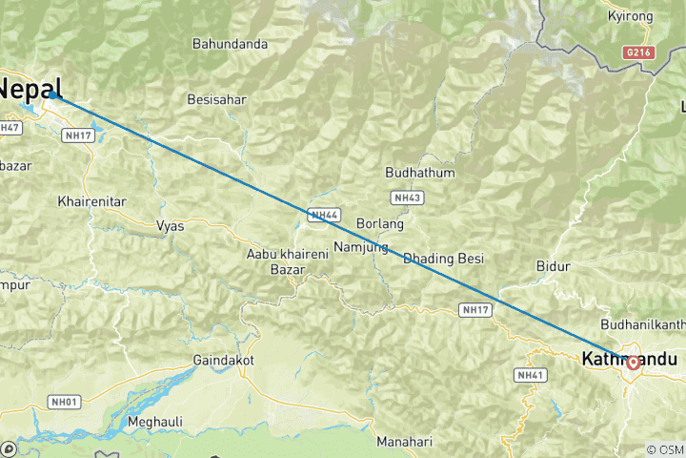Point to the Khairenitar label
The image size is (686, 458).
[92, 201]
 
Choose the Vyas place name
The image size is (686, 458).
[170, 226]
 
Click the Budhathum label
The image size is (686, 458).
[419, 173]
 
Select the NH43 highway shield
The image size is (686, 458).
[405, 198]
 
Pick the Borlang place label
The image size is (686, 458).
[379, 224]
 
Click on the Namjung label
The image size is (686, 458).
[361, 247]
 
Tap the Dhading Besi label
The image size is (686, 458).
[443, 259]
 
